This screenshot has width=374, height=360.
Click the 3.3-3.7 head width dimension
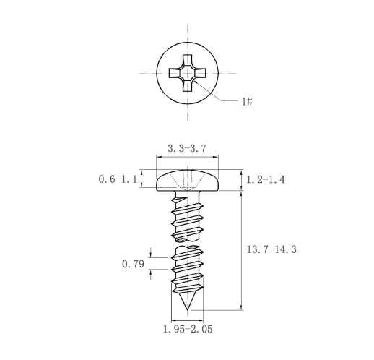click(187, 148)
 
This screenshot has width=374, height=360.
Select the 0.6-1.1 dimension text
click(118, 179)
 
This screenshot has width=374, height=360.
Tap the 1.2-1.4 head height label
click(266, 179)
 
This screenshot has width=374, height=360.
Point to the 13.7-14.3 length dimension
click(271, 249)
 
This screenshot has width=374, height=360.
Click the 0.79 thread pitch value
click(133, 264)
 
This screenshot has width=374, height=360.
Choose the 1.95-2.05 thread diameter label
click(188, 329)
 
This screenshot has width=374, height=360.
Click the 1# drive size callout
click(247, 101)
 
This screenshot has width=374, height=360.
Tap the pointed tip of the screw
click(187, 309)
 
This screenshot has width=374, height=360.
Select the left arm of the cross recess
click(174, 73)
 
